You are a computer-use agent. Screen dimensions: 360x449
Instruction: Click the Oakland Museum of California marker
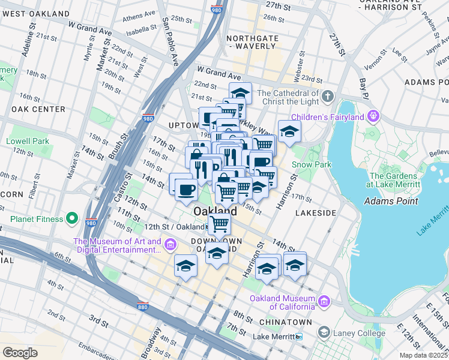click(x=324, y=301)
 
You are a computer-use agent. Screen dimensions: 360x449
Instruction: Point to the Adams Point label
click(x=391, y=201)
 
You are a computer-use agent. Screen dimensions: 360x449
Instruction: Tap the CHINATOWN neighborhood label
click(x=285, y=322)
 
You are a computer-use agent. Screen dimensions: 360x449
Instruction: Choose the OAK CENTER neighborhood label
click(x=38, y=109)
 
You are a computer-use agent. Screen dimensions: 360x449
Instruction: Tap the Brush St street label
click(x=113, y=144)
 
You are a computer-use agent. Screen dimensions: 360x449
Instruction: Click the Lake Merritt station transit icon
click(x=299, y=337)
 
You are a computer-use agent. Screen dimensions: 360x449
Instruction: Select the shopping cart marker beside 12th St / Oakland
click(x=219, y=224)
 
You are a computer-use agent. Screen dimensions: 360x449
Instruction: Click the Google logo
click(x=20, y=353)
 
